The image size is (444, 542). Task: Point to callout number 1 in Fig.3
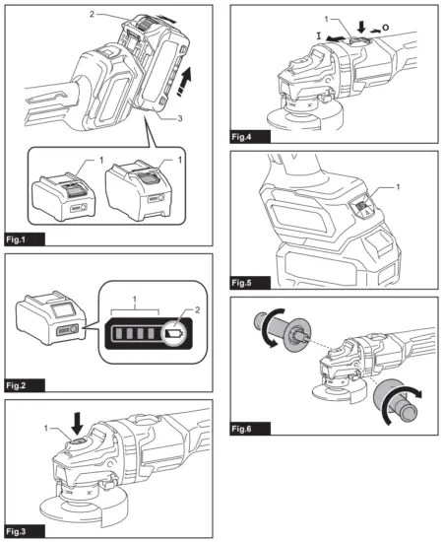[x=45, y=427]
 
